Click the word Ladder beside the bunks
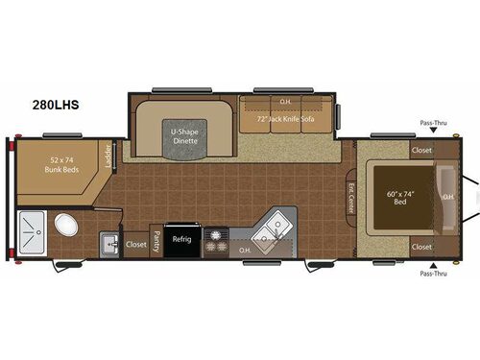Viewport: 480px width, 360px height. pyautogui.click(x=107, y=156)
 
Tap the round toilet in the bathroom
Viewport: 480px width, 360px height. pyautogui.click(x=65, y=227)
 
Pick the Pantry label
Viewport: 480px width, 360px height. pyautogui.click(x=154, y=243)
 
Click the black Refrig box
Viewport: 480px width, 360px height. pyautogui.click(x=181, y=241)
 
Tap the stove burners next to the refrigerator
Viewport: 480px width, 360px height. pyautogui.click(x=217, y=240)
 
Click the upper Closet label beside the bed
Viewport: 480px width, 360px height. pyautogui.click(x=420, y=151)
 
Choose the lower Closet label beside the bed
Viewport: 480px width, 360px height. pyautogui.click(x=420, y=247)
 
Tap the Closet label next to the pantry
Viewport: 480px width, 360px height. pyautogui.click(x=135, y=244)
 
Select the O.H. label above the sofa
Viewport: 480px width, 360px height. pyautogui.click(x=285, y=101)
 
